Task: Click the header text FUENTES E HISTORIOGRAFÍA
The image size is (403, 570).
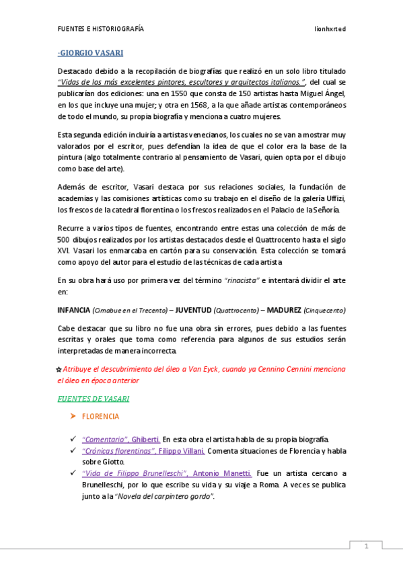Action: coord(100,30)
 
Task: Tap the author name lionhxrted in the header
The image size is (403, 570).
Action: coord(330,30)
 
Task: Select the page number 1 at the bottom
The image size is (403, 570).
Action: coord(366,546)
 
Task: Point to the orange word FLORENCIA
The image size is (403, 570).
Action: coord(100,417)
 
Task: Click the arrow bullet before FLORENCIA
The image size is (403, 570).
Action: coord(73,417)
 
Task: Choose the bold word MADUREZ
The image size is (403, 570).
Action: coord(284,310)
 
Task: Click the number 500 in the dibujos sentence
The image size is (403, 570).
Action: coord(64,239)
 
